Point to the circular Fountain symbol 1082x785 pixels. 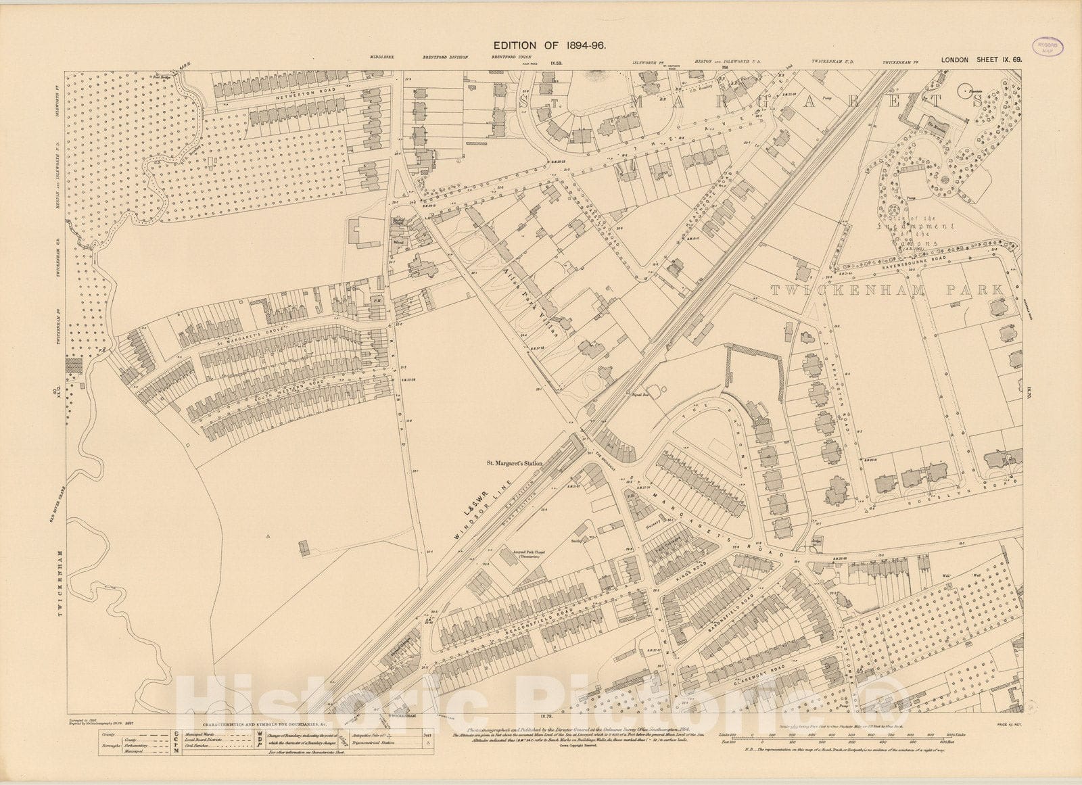tap(965, 87)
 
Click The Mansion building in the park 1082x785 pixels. tap(936, 124)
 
